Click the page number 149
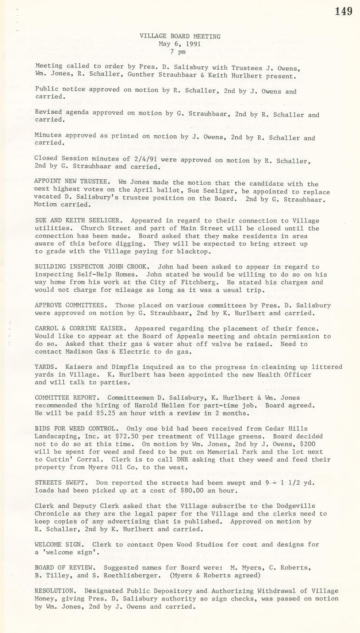[343, 11]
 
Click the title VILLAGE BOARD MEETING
[180, 36]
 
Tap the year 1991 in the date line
[193, 44]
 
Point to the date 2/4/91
[119, 159]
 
